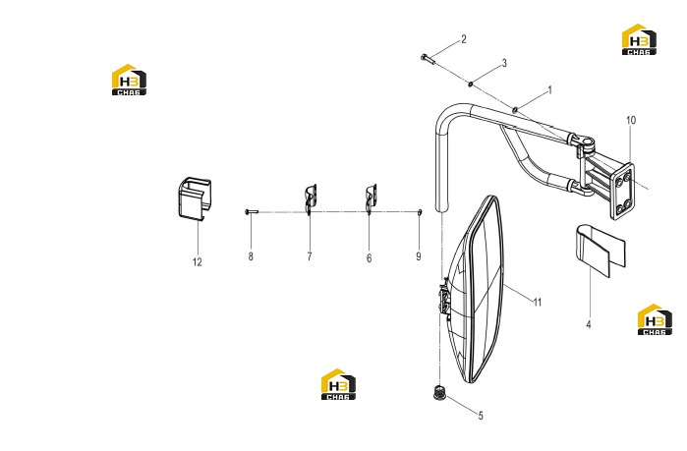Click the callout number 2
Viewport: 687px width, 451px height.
pos(464,39)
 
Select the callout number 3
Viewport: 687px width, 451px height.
pos(504,64)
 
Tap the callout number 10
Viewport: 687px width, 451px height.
pos(631,120)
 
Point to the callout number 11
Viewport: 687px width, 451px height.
pos(538,302)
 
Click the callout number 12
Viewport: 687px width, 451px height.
pos(198,262)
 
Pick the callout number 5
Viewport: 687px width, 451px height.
pos(481,416)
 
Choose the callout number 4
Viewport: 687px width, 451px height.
pos(589,324)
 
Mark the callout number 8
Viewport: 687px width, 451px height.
pos(251,256)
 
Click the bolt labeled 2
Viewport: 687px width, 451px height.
pos(428,58)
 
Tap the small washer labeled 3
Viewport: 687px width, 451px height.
pos(471,84)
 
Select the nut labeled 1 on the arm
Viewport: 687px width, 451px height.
pos(516,109)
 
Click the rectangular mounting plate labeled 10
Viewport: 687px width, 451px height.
pos(622,191)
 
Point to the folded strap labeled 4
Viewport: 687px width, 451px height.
pos(601,251)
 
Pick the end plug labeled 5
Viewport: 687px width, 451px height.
pos(439,392)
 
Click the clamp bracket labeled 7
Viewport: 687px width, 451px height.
pos(311,199)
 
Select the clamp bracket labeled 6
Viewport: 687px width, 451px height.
pos(371,198)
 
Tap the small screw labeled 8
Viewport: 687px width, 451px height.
pos(252,212)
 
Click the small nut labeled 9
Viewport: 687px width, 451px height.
pos(420,212)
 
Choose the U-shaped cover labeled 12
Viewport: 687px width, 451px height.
pos(195,197)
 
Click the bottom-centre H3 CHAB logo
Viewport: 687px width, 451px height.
pos(338,384)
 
